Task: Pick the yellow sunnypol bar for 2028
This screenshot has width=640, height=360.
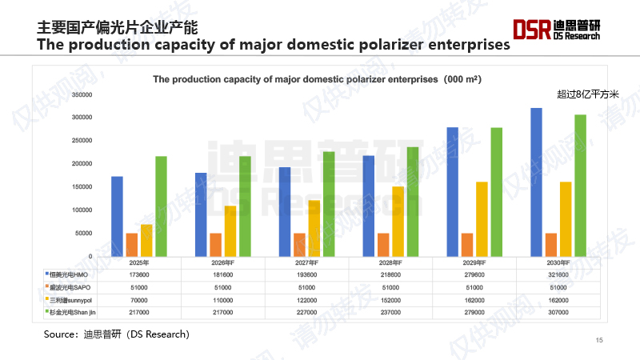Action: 398,221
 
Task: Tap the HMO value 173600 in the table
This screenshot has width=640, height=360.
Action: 139,274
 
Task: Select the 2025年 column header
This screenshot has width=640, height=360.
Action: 139,262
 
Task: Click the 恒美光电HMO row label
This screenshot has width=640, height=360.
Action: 67,274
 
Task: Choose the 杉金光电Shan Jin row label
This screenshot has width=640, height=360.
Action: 70,312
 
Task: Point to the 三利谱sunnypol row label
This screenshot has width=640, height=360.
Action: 70,299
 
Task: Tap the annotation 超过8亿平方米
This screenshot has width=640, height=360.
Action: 588,94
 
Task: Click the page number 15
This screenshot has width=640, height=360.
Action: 599,341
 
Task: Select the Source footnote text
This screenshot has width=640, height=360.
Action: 116,333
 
